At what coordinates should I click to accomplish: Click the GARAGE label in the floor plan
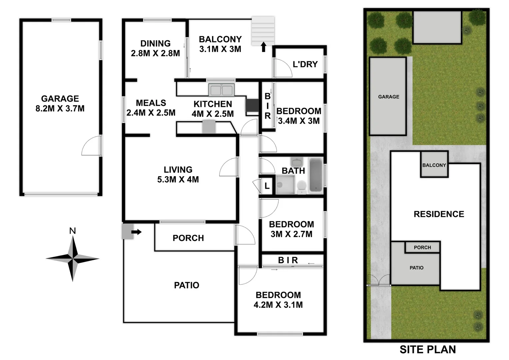(60, 99)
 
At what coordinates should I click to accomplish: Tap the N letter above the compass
(72, 231)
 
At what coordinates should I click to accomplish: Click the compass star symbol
(72, 258)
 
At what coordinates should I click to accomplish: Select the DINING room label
(155, 43)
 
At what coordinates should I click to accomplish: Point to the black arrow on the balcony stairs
(263, 47)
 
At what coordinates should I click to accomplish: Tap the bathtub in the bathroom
(315, 175)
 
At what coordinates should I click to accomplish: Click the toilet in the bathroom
(302, 187)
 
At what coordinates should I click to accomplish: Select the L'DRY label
(305, 64)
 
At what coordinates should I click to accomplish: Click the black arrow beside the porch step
(137, 232)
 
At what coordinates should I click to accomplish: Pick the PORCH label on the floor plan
(188, 238)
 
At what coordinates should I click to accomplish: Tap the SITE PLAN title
(428, 349)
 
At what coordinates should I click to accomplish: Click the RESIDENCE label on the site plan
(439, 214)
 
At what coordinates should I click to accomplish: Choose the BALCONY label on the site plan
(434, 165)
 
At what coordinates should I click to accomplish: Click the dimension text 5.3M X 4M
(178, 179)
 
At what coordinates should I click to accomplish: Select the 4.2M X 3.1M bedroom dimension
(278, 305)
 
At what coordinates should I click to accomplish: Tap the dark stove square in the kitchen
(252, 105)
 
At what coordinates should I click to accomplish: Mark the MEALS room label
(151, 103)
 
